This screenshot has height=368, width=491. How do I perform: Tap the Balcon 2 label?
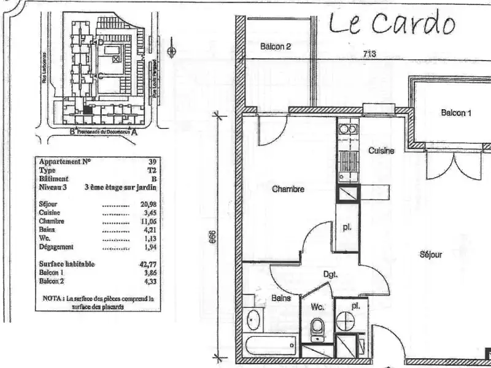pos(275,46)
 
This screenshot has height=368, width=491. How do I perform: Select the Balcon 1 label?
pos(456,113)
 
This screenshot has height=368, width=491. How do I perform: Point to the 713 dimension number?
pos(369,53)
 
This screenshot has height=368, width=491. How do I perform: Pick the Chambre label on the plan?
pos(288,190)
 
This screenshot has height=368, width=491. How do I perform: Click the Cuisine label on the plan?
pos(381,151)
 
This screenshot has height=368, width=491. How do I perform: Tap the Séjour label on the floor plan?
pos(431,255)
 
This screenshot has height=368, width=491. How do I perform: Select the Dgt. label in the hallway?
pos(331,275)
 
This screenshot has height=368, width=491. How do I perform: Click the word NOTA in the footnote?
pos(51,299)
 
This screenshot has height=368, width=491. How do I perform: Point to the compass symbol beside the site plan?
pos(173,51)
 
